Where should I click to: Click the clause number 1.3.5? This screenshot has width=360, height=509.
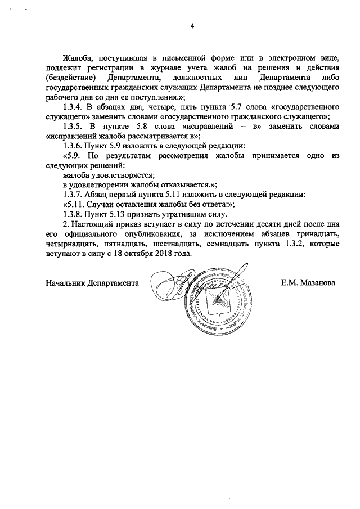pos(74,128)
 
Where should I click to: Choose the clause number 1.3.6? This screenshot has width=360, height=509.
pos(74,148)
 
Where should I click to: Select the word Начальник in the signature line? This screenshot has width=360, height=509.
pos(66,283)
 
